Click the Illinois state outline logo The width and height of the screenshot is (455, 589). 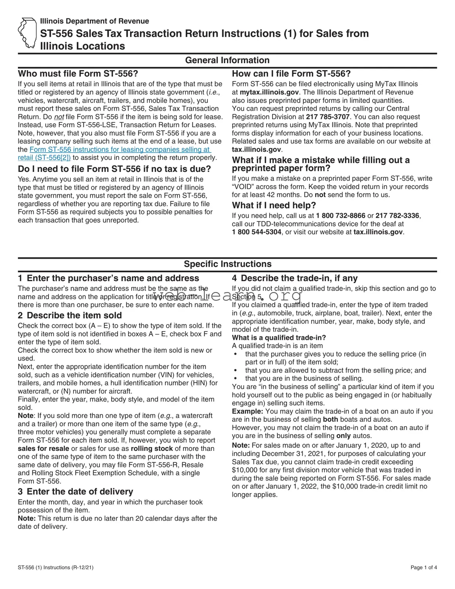(28, 33)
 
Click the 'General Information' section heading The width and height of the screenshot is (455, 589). (227, 60)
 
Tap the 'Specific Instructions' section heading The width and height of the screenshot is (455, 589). (227, 264)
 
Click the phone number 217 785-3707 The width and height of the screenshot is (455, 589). (322, 117)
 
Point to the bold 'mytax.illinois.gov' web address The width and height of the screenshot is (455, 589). (269, 92)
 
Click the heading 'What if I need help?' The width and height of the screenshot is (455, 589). (274, 205)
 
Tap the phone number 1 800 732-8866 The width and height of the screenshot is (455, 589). (340, 216)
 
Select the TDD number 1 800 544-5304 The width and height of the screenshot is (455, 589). (257, 232)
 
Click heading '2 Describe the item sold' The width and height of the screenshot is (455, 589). (70, 315)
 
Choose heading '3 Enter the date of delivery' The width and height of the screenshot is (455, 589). (75, 492)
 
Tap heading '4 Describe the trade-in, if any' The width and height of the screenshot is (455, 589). (295, 278)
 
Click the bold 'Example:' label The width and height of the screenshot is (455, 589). (248, 412)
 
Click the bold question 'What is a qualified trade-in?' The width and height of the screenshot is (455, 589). (279, 338)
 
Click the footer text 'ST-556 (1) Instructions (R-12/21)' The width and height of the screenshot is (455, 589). (55, 567)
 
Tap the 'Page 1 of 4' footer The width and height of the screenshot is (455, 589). (424, 567)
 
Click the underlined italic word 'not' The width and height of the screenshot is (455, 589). (59, 117)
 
